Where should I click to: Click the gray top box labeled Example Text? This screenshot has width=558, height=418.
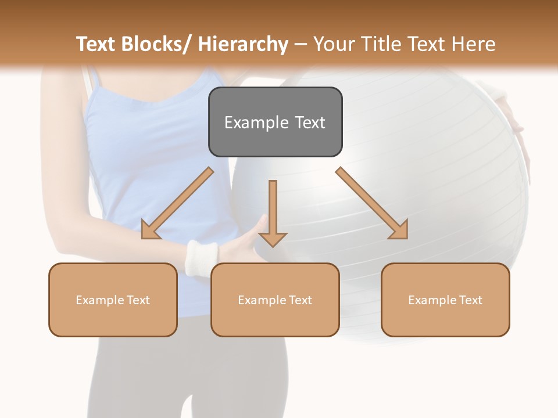pos(275,122)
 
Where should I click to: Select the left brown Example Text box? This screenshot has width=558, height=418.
pos(113,300)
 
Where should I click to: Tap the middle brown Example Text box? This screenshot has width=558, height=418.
pos(275,300)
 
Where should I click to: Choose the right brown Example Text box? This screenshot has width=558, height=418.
pos(445,300)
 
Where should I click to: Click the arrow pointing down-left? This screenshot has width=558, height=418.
pos(177,204)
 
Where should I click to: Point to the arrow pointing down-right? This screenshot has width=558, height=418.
pos(372,203)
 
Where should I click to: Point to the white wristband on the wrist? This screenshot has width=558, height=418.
pos(201,256)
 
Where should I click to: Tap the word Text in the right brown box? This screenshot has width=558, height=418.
pos(470,300)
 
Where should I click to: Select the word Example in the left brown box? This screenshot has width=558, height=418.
pos(99,300)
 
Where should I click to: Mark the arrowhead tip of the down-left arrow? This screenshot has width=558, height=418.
pos(143,237)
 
